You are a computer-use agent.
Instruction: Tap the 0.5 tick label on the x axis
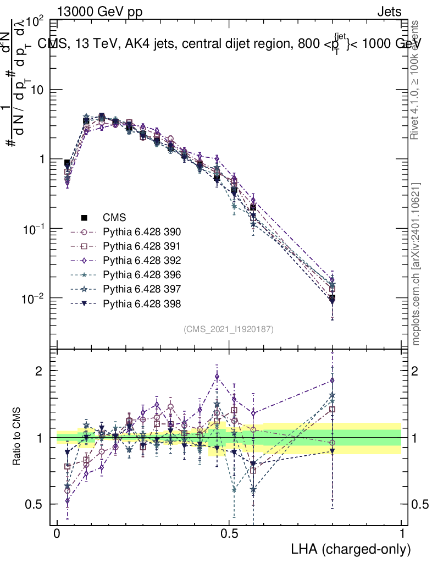229,534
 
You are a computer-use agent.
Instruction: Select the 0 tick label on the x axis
57,534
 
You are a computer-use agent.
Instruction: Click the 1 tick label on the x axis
401,534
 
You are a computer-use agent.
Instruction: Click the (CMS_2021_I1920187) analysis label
229,329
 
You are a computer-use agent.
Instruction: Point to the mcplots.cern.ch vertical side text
417,264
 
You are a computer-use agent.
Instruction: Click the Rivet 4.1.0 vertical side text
417,80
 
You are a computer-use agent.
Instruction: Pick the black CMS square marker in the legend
85,217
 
